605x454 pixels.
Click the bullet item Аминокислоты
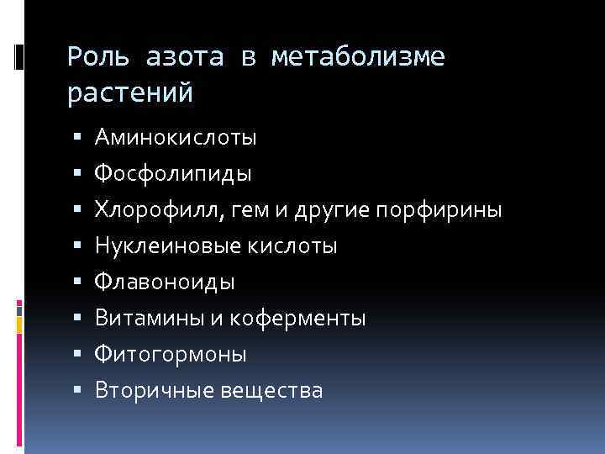[176, 137]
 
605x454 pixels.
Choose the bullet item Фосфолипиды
[172, 173]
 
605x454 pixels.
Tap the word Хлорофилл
[157, 209]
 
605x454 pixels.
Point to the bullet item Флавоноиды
[165, 282]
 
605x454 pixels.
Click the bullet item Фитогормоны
[171, 355]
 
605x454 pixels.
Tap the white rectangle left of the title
[19, 57]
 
